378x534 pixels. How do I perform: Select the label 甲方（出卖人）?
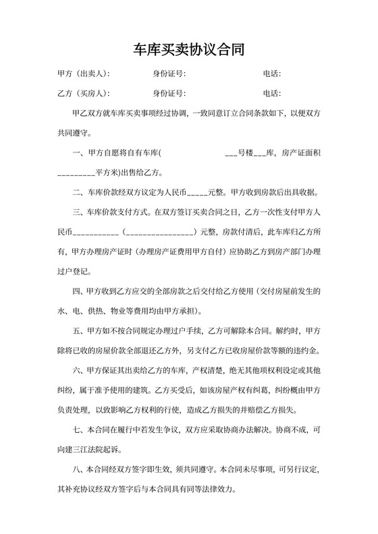83,73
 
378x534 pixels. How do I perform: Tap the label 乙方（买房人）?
83,93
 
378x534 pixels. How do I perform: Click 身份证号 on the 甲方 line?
168,73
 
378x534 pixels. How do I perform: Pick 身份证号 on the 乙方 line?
168,93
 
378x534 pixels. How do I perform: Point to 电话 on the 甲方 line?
271,73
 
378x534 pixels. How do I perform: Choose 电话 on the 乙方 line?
271,93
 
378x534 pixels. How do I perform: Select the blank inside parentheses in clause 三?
160,233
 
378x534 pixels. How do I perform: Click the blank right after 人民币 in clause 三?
95,233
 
